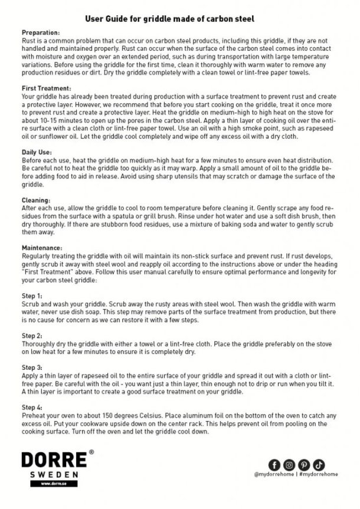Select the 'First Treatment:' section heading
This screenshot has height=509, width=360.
pyautogui.click(x=43, y=88)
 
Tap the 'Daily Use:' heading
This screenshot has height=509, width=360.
pyautogui.click(x=36, y=152)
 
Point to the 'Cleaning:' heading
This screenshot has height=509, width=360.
pyautogui.click(x=35, y=200)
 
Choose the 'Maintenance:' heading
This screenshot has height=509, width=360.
pyautogui.click(x=41, y=248)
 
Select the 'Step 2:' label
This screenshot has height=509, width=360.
pyautogui.click(x=32, y=334)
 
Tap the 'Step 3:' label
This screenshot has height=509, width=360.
pyautogui.click(x=32, y=367)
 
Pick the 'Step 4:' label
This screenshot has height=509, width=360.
pyautogui.click(x=32, y=407)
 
